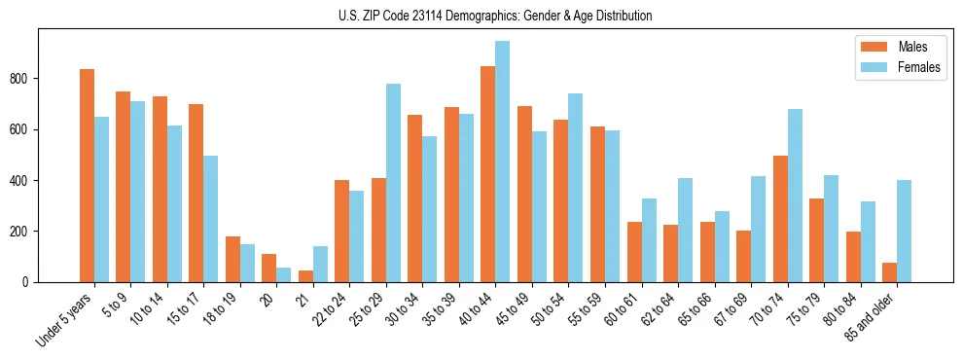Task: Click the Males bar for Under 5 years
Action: pyautogui.click(x=87, y=175)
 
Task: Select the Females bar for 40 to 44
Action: pyautogui.click(x=503, y=162)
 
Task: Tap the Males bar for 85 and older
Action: pyautogui.click(x=890, y=272)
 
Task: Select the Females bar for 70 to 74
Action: pyautogui.click(x=795, y=196)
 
